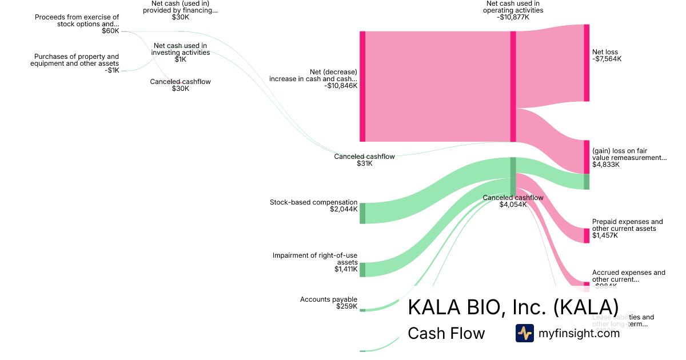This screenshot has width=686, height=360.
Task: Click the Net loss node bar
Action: (587, 63)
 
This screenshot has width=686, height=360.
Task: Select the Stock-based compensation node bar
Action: (362, 213)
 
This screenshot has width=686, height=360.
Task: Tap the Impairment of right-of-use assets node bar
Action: (362, 270)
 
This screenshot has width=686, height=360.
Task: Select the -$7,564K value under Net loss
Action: (607, 59)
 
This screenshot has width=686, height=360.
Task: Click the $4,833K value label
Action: (605, 165)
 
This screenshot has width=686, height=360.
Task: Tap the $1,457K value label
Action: (605, 235)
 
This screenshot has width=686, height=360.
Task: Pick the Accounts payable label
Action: (329, 299)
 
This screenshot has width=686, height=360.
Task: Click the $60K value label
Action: (110, 31)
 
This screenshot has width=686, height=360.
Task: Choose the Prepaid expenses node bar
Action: (587, 235)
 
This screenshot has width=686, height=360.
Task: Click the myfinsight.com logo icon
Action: (524, 333)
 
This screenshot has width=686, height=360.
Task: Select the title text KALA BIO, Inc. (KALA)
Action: (513, 307)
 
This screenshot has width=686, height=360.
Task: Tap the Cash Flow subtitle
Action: (446, 333)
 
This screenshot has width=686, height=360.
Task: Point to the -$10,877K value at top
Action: (513, 17)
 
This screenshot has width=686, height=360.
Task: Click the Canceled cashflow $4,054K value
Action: (513, 205)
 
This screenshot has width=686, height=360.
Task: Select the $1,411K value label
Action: (346, 269)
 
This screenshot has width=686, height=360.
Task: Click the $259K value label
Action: (347, 306)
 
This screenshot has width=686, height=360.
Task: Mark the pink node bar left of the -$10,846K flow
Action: (362, 86)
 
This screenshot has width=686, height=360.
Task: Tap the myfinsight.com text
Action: (579, 333)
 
